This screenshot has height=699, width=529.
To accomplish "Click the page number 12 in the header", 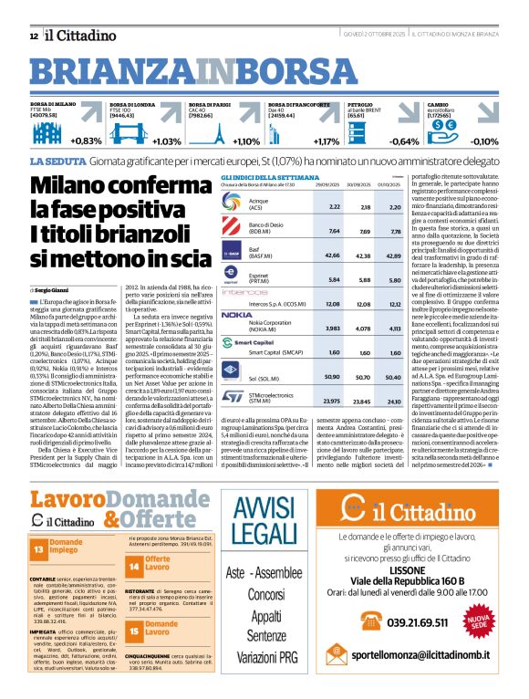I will (x=34, y=36).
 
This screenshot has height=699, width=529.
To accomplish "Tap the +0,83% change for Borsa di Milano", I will (x=86, y=141).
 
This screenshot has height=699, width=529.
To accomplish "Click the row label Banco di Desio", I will (x=266, y=228).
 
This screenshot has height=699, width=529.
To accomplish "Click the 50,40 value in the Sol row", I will (x=394, y=375).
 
